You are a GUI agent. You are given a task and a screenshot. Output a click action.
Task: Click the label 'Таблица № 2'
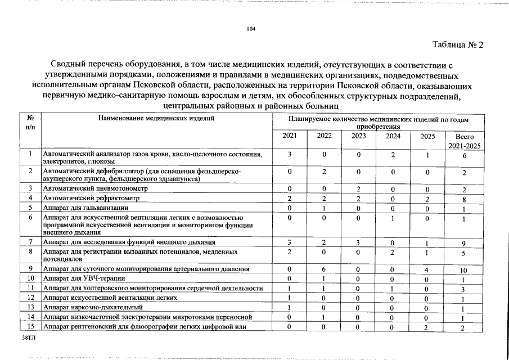pyautogui.click(x=457, y=45)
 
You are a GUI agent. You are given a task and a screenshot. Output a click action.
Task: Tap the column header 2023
pyautogui.click(x=358, y=136)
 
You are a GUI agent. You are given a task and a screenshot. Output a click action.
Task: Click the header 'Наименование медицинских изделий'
pyautogui.click(x=156, y=119)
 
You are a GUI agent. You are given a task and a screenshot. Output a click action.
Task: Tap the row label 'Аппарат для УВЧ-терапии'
pyautogui.click(x=84, y=278)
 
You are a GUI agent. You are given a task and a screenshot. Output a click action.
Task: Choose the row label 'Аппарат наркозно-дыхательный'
pyautogui.click(x=93, y=307)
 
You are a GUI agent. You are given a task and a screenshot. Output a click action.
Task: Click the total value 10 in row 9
pyautogui.click(x=463, y=270)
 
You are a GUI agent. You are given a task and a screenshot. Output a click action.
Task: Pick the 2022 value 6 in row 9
pyautogui.click(x=325, y=269)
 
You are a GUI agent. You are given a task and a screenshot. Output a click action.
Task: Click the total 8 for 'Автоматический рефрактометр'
pyautogui.click(x=464, y=199)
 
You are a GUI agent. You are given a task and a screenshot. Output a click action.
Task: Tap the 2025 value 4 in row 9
pyautogui.click(x=427, y=269)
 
